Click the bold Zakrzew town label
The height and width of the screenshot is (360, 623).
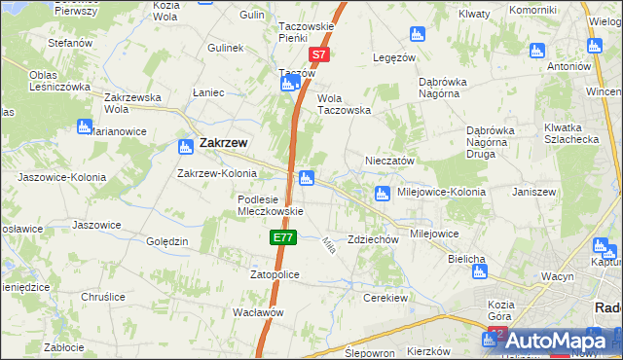point(223,143)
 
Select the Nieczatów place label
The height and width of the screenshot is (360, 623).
point(390,161)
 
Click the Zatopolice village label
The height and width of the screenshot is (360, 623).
point(275,275)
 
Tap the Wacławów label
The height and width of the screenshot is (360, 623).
point(258,313)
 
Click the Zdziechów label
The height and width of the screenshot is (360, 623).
point(374,239)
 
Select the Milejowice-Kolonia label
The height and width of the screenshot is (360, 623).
point(442,192)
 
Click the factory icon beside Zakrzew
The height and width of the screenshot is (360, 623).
point(185,147)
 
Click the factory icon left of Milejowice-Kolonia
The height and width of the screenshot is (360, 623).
point(383,193)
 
